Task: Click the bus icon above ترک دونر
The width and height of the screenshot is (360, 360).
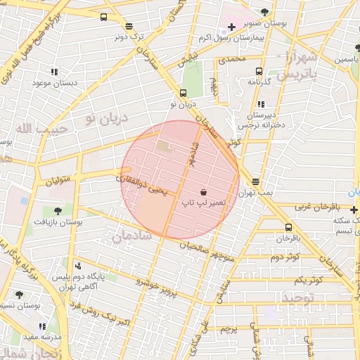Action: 105,17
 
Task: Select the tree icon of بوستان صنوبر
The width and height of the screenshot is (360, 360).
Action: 264,11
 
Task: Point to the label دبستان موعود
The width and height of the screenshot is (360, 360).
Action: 51,83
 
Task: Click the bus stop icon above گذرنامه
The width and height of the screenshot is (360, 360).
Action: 259,71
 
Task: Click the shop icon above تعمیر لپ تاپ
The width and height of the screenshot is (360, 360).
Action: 203,191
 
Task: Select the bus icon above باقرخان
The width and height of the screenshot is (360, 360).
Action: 289,227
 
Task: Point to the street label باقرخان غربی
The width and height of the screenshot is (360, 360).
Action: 316,207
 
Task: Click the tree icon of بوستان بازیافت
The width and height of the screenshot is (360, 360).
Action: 57,210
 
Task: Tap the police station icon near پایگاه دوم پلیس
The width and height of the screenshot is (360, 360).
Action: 77,266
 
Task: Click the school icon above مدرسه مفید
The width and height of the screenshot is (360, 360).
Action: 42,326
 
